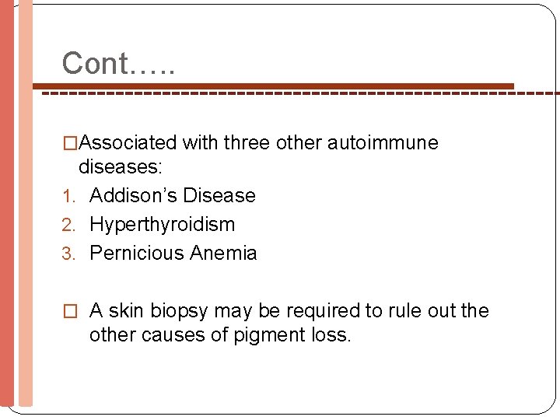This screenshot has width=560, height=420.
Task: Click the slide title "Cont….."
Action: (118, 64)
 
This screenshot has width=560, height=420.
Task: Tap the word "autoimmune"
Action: (383, 143)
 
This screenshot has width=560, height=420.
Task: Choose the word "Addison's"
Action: (133, 195)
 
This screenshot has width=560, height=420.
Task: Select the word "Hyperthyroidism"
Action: (162, 225)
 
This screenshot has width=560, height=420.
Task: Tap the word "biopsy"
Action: (180, 312)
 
